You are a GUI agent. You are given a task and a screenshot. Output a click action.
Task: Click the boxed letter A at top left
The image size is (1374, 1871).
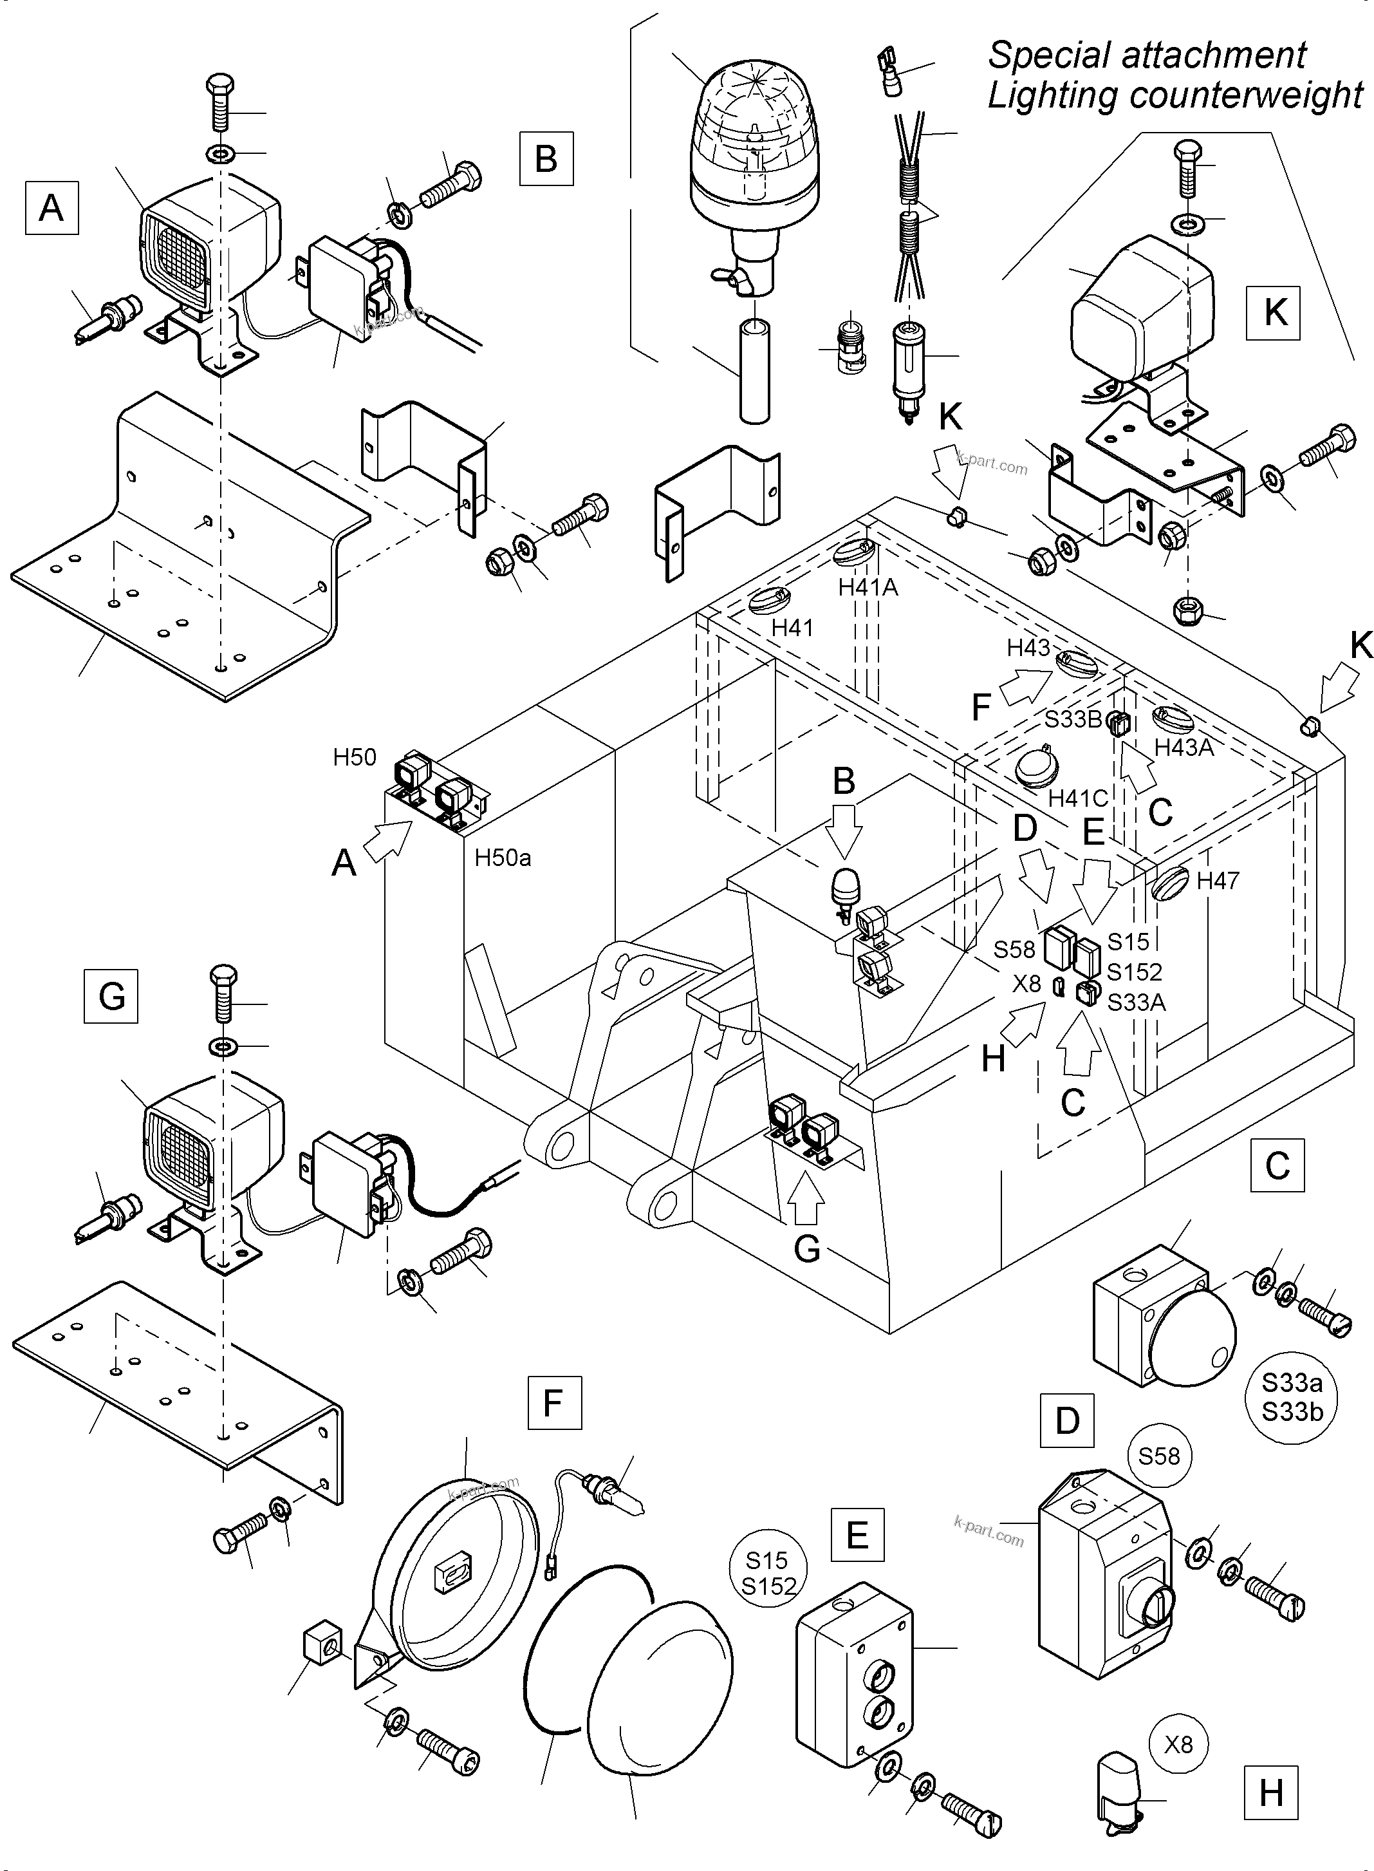51,207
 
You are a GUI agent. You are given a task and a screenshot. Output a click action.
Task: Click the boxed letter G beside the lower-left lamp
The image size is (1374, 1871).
111,996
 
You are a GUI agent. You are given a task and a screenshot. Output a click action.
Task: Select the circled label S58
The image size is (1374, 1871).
1158,1456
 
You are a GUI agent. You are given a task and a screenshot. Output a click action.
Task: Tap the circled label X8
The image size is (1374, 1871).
1178,1744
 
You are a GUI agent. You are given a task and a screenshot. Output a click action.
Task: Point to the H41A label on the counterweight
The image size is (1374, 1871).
868,587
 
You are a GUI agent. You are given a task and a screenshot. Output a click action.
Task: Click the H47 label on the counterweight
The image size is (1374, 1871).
1218,880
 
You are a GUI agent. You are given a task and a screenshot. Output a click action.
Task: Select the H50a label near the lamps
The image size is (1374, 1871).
503,858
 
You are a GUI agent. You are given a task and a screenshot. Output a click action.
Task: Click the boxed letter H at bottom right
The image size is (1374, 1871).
1272,1794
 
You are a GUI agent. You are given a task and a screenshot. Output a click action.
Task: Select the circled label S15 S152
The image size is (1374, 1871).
768,1573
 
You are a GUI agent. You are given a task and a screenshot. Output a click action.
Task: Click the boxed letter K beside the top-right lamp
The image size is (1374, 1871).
1274,313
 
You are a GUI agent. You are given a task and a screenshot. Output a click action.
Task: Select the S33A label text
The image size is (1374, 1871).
1136,1003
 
